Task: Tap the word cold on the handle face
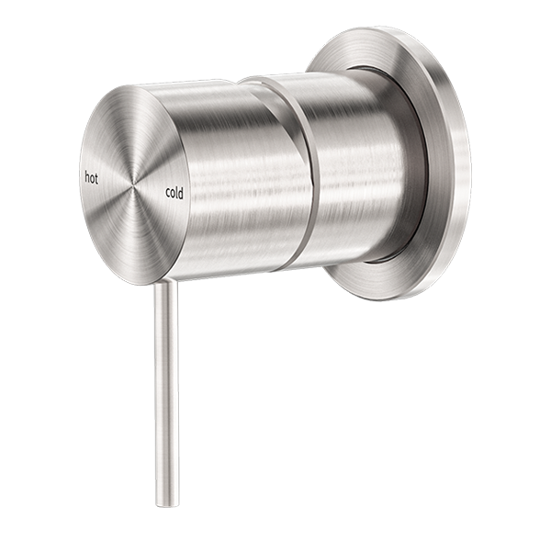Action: click(174, 193)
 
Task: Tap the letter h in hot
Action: click(86, 176)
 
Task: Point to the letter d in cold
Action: click(181, 193)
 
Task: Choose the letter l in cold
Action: click(177, 193)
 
